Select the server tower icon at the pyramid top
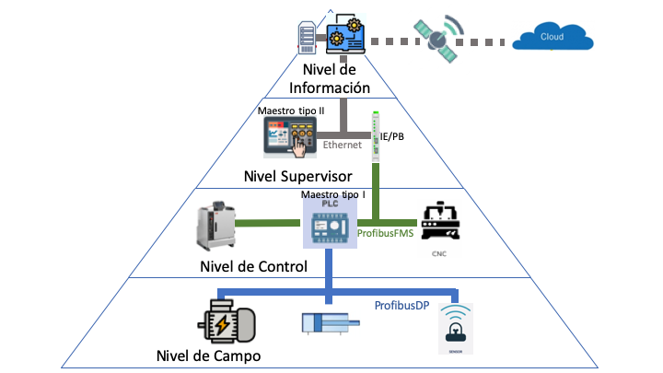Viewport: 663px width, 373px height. point(308,36)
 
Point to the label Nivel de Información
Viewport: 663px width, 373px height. point(330,80)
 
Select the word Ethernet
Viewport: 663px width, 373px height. point(342,146)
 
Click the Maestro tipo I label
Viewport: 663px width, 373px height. point(334,195)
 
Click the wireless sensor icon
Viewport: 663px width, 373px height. point(458,328)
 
